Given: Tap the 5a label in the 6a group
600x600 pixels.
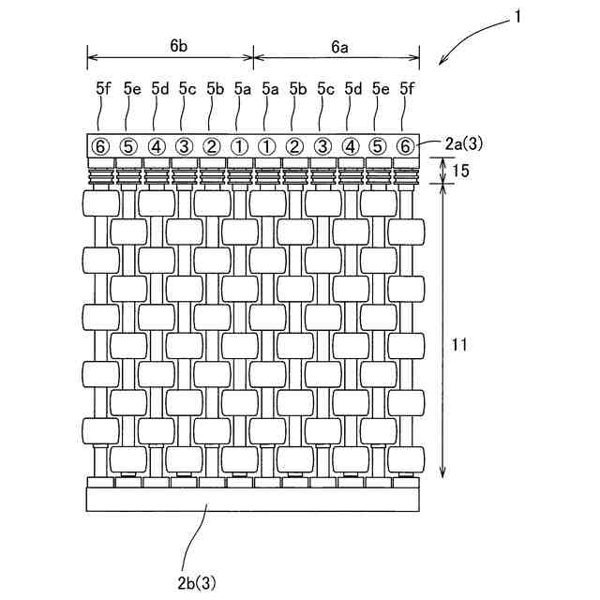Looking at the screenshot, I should click(269, 89).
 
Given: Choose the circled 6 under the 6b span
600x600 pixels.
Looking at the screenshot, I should click(101, 146).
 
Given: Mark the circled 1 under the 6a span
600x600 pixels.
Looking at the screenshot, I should click(268, 146).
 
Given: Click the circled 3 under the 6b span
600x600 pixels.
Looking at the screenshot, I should click(185, 146).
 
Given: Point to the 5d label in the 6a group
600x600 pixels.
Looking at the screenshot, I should click(352, 89).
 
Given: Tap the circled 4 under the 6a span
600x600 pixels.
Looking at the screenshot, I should click(351, 146).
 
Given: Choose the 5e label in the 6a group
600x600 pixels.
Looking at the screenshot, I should click(380, 89).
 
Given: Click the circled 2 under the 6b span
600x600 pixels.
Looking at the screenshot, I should click(212, 146).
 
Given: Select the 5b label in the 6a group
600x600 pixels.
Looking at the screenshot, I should click(297, 89).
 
